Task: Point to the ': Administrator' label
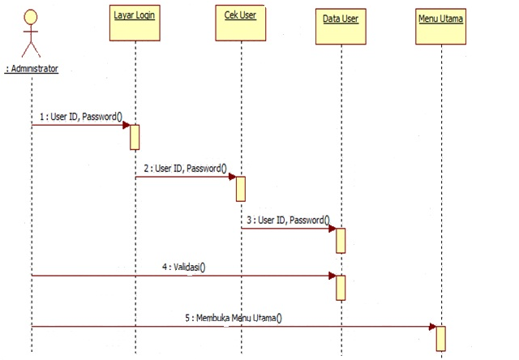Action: coord(32,69)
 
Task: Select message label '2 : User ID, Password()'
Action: coord(185,168)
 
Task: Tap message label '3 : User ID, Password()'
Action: coord(289,219)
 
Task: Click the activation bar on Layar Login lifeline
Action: coord(135,137)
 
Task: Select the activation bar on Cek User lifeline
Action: coord(240,188)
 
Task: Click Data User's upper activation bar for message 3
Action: coord(341,240)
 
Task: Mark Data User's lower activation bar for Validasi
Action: coord(341,287)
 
